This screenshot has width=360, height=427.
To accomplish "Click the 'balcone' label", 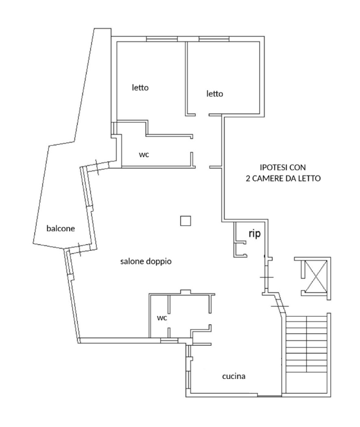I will (x=61, y=229).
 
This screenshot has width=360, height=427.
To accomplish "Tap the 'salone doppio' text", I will (x=146, y=261).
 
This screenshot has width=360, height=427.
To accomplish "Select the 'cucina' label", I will (x=234, y=376).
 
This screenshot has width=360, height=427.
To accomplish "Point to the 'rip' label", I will (x=254, y=234).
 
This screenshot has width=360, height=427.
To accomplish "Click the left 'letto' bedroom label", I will (x=140, y=88).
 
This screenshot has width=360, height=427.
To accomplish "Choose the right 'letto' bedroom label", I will (x=214, y=94).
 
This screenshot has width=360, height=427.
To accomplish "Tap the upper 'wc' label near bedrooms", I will (x=144, y=154).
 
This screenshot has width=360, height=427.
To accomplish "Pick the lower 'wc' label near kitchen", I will (x=161, y=318).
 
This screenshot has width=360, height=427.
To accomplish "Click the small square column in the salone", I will (x=186, y=221).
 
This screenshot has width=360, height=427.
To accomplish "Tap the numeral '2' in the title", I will (x=247, y=178).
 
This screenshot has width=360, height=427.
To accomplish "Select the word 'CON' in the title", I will (x=299, y=168).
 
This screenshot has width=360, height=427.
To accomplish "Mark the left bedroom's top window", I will (x=162, y=39).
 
